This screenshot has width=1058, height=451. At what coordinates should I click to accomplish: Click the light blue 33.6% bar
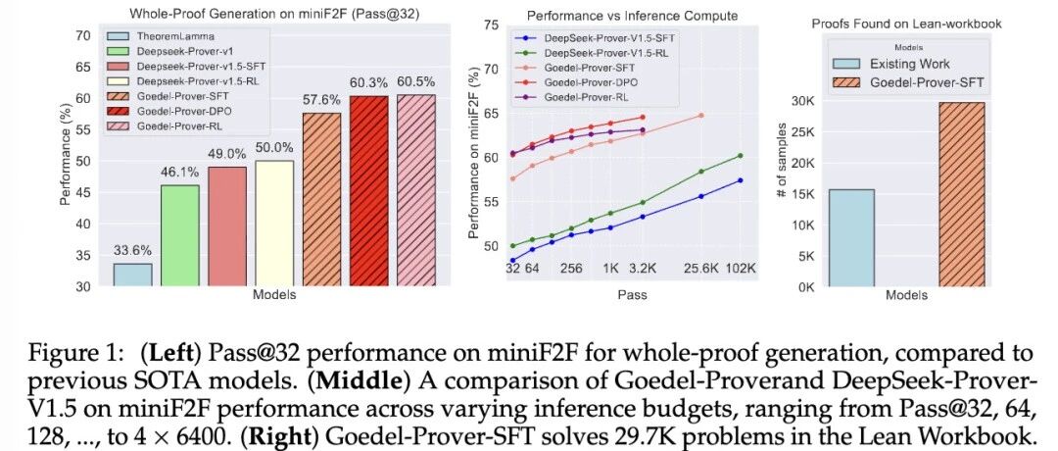(132, 275)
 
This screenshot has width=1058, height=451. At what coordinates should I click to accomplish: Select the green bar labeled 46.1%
(179, 235)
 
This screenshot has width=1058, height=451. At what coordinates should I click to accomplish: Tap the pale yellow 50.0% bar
(274, 224)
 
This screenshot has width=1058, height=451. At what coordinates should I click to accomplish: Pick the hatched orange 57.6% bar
(321, 200)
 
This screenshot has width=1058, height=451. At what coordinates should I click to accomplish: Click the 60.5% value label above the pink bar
(415, 83)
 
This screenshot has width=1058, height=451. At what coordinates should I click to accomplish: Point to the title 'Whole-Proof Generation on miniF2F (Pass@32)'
(274, 12)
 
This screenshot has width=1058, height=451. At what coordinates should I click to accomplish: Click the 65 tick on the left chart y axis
(83, 68)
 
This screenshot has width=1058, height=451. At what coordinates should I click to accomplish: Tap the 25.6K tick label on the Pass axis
(700, 269)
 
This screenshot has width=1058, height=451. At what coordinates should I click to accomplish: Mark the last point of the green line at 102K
(741, 155)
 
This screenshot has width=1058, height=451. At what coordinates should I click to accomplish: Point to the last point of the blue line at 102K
(741, 180)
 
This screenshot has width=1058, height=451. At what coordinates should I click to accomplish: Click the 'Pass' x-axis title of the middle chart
(632, 294)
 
